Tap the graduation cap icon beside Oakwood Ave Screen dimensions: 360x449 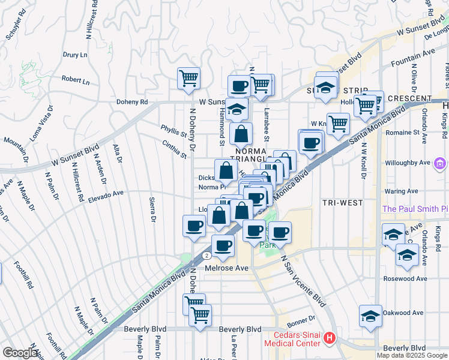tap(370, 316)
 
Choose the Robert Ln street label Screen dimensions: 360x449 tap(76, 80)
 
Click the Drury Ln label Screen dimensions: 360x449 tap(76, 55)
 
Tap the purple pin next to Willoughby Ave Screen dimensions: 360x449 tap(441, 163)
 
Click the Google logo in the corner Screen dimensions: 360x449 tap(20, 353)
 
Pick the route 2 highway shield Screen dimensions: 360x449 tap(206, 255)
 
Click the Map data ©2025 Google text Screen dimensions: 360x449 tap(412, 355)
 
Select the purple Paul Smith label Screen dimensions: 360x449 tap(415, 209)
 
